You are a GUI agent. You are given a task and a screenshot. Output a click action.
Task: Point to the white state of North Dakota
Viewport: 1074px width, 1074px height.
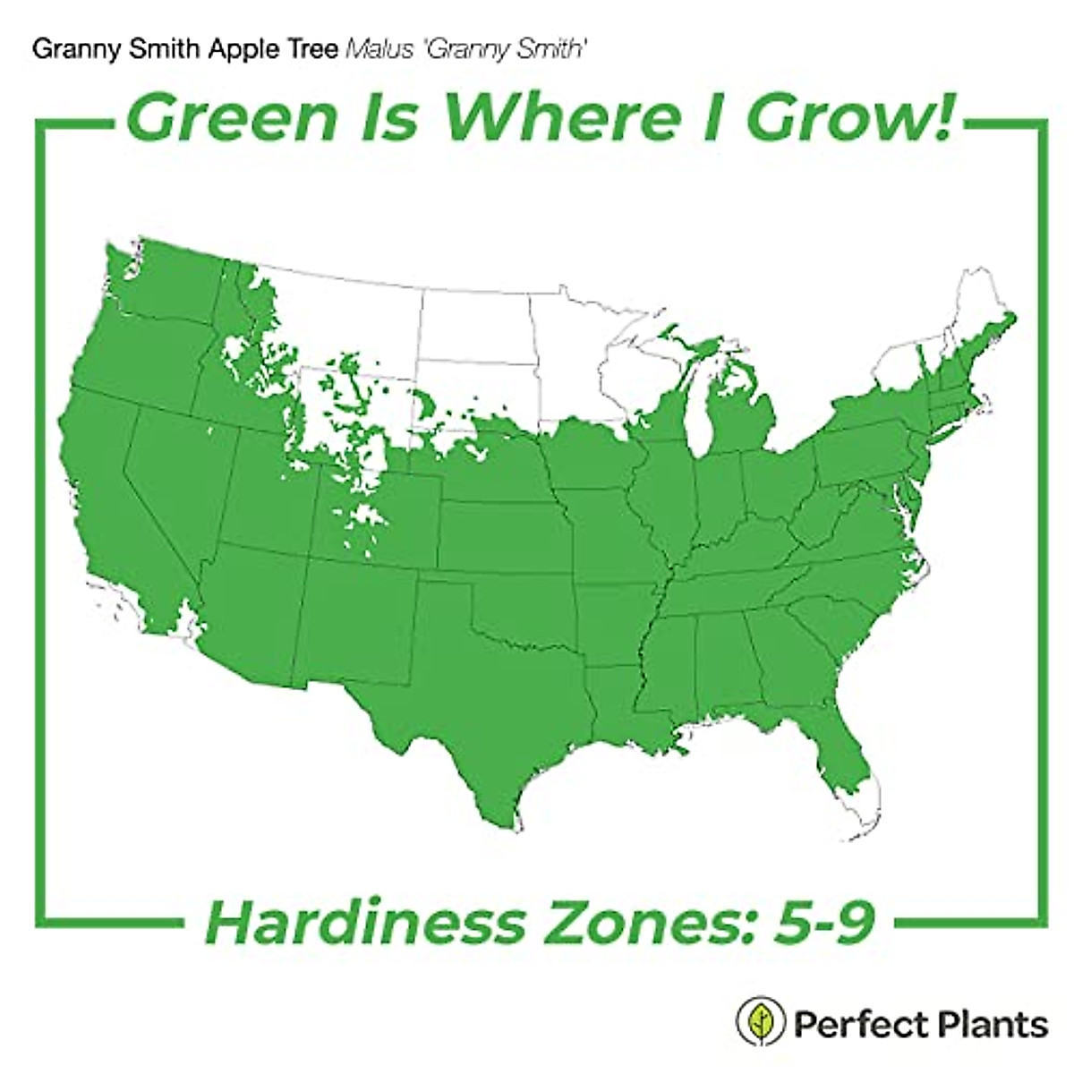tap(474, 327)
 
